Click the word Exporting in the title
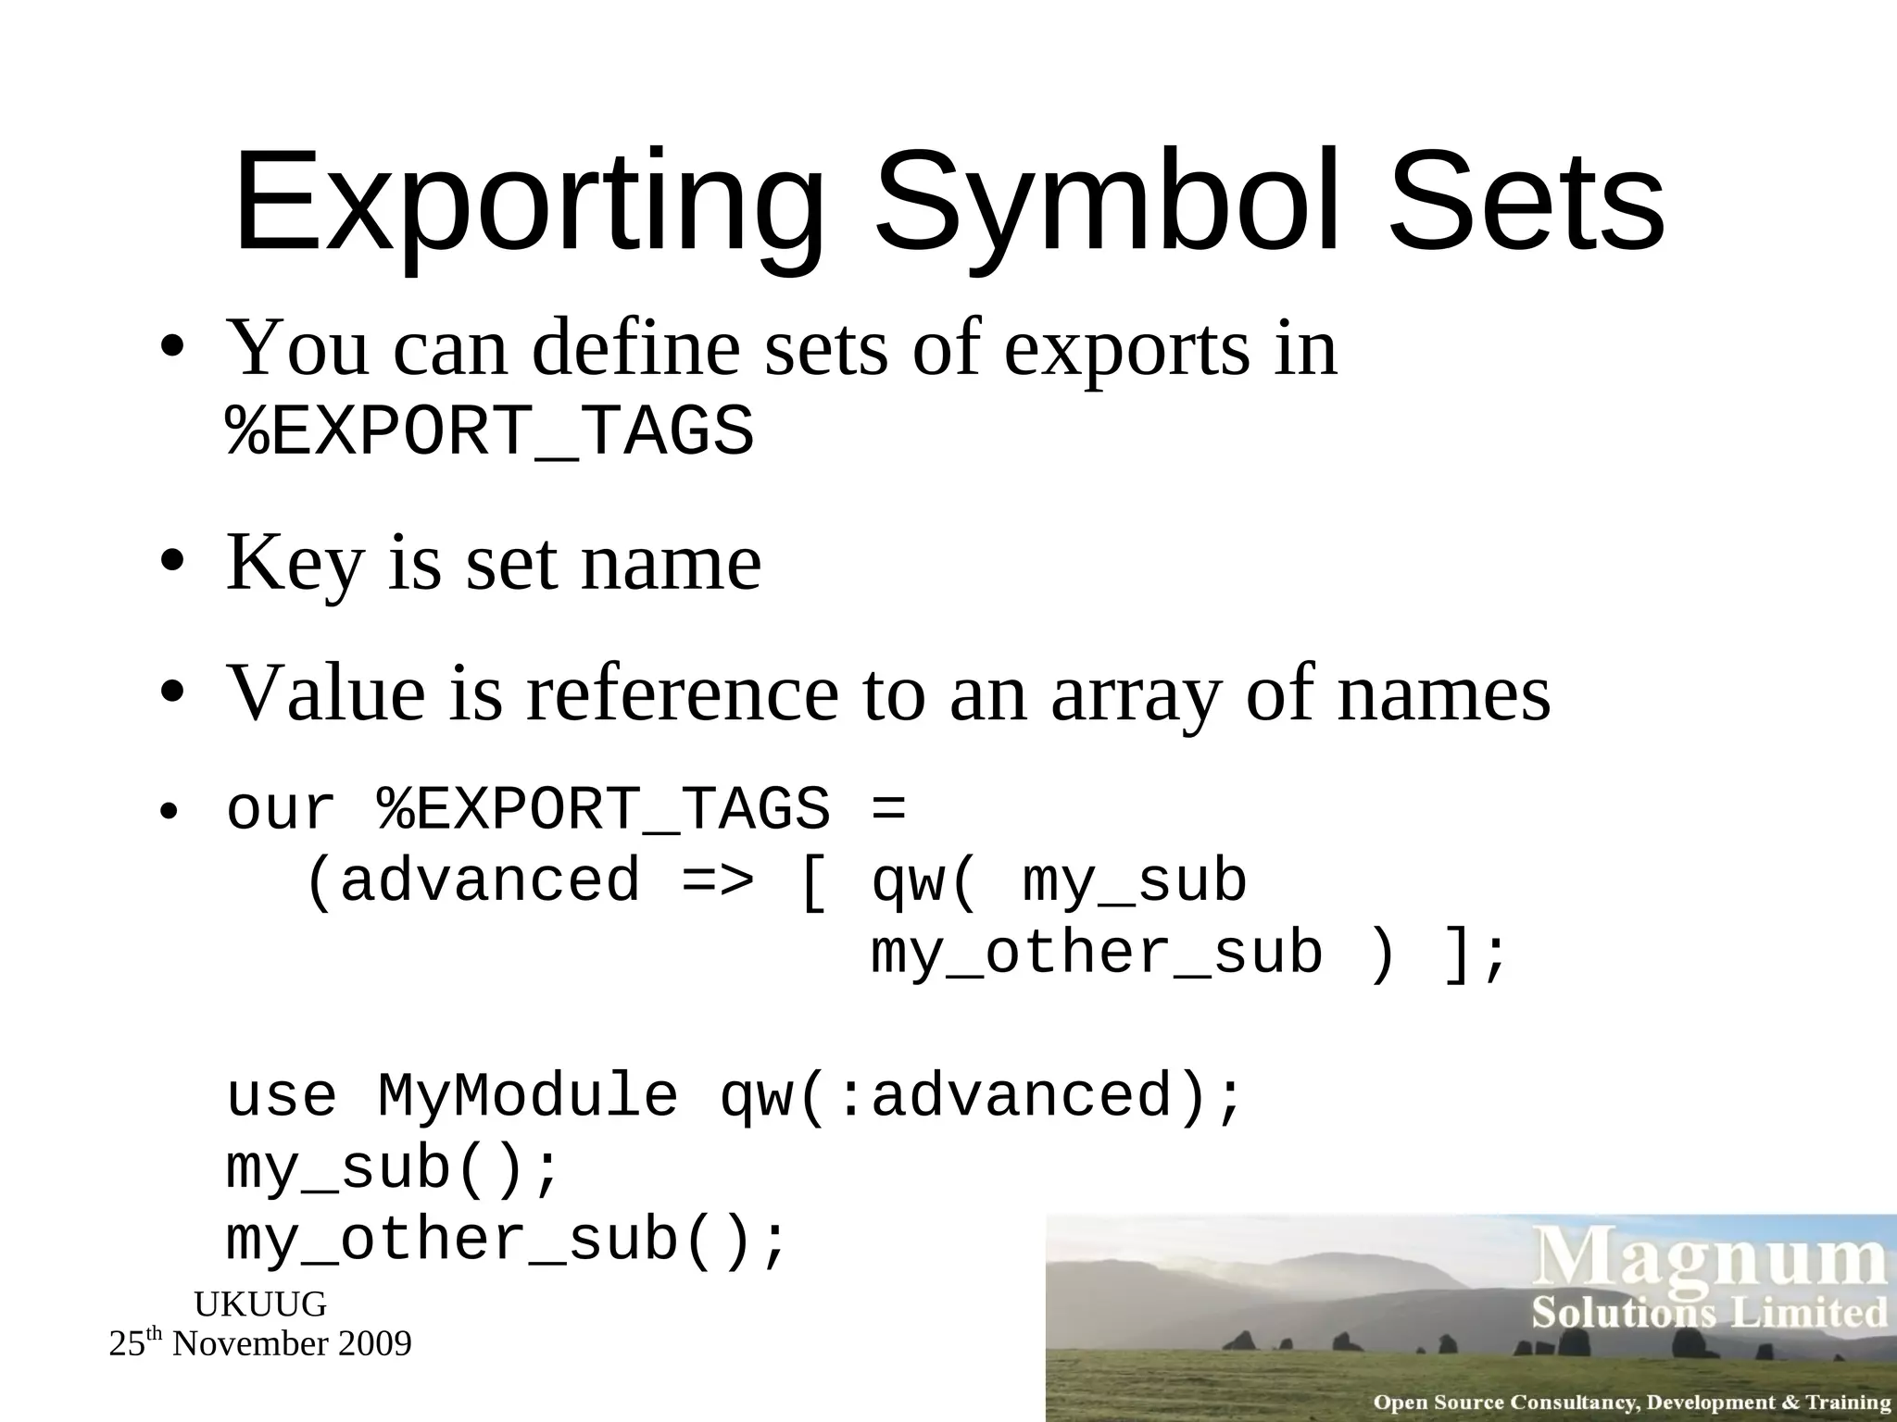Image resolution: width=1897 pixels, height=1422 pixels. (528, 204)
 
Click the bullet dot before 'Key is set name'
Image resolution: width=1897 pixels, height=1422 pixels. (171, 563)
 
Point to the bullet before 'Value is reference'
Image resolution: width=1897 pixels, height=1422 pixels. (171, 693)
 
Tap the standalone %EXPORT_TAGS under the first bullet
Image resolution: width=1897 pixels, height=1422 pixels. (490, 431)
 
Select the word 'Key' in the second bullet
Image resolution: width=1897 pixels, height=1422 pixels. (295, 563)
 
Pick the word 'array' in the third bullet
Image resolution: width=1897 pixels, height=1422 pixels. (1136, 693)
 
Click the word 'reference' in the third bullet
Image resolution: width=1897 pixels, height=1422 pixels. (682, 693)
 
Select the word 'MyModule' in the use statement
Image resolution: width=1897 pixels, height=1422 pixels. (528, 1096)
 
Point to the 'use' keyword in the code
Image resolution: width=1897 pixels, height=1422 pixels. (282, 1096)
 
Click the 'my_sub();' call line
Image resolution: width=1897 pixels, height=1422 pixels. (394, 1168)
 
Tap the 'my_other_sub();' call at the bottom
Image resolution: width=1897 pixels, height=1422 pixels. (507, 1241)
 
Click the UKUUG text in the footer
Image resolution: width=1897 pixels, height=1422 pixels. (260, 1304)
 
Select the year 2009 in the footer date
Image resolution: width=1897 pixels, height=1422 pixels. (374, 1343)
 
